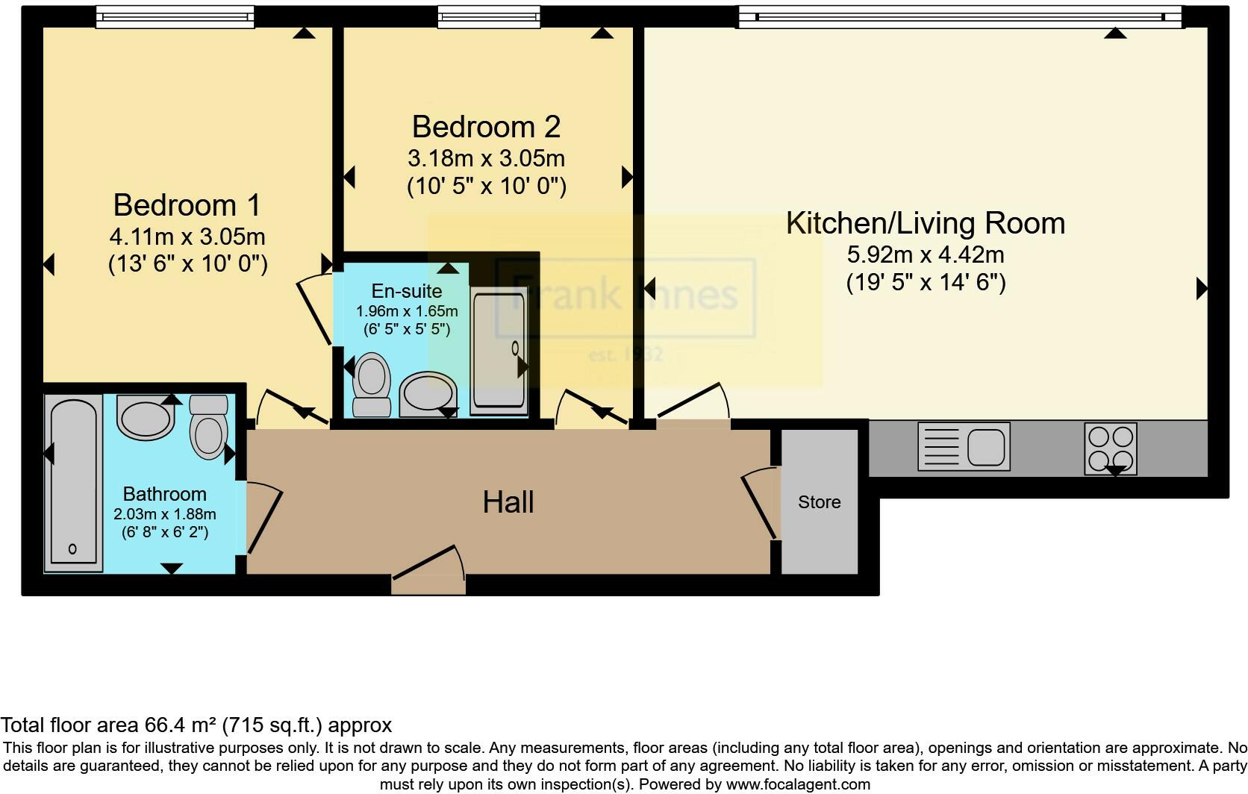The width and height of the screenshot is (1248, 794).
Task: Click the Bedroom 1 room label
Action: point(187,204)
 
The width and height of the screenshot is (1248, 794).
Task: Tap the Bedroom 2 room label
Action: point(486,127)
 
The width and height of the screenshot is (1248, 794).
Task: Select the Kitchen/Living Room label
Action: point(926,223)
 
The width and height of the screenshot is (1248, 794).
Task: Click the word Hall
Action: point(508,502)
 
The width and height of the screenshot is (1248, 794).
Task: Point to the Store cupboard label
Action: point(819,502)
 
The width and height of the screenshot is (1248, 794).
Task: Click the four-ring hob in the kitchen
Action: point(1111,448)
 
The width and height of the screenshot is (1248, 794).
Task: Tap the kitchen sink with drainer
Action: point(964,446)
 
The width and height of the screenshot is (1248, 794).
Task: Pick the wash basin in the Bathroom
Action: point(146,419)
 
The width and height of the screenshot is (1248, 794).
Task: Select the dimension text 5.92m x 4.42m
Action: point(926,255)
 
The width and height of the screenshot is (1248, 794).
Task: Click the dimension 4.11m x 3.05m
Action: point(187,237)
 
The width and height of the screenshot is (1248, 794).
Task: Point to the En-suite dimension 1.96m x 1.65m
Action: point(407,311)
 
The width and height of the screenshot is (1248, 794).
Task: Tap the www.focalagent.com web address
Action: point(798,784)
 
